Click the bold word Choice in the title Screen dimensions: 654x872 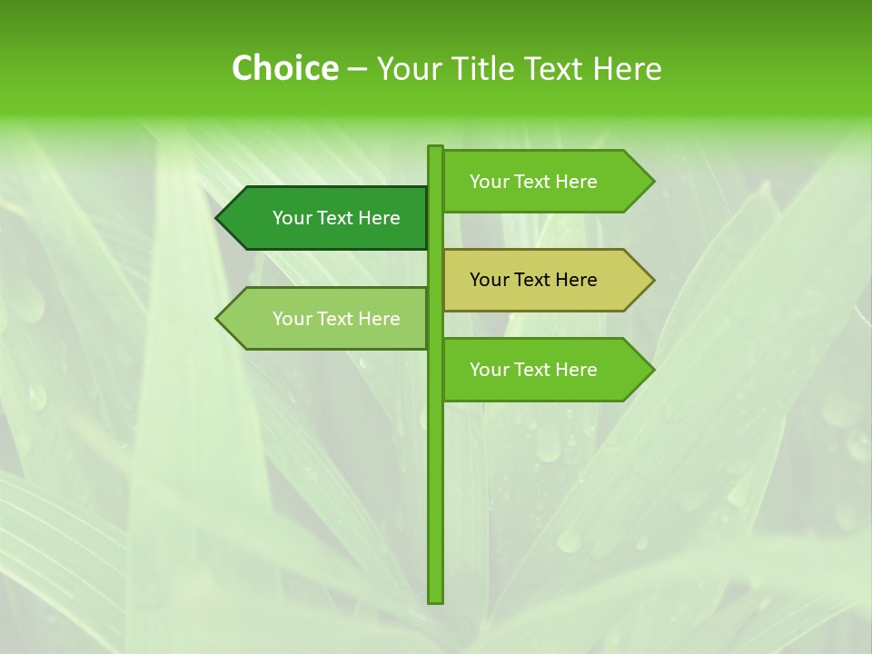[284, 69]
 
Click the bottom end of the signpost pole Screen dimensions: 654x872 [435, 599]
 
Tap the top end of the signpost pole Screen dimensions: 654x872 [435, 149]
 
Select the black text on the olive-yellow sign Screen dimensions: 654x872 [533, 280]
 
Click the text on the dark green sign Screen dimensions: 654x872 [336, 218]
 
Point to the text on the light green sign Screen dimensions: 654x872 [336, 319]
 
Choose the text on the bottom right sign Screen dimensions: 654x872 [533, 370]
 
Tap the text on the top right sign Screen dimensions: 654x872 [533, 182]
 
